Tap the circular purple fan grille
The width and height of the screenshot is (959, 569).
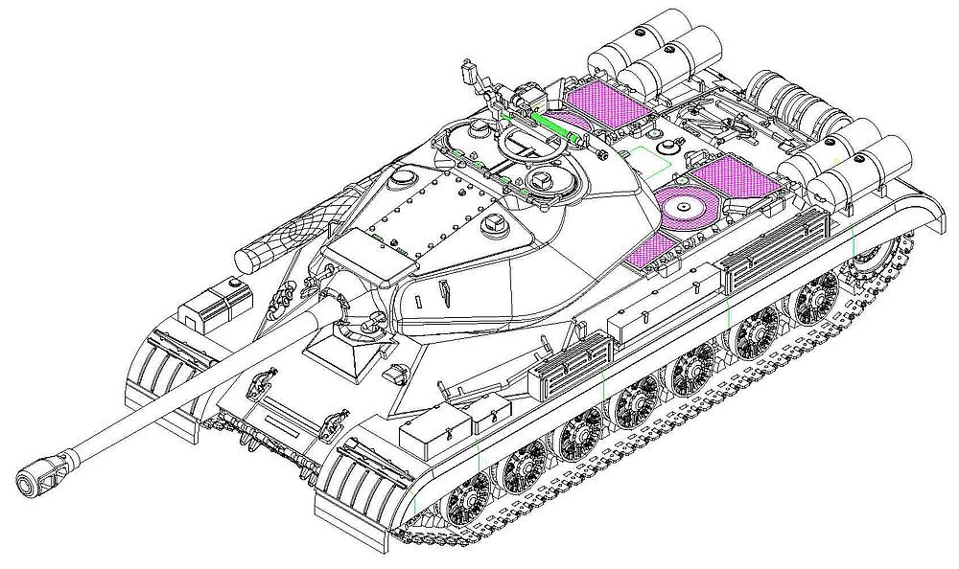pyautogui.click(x=685, y=206)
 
